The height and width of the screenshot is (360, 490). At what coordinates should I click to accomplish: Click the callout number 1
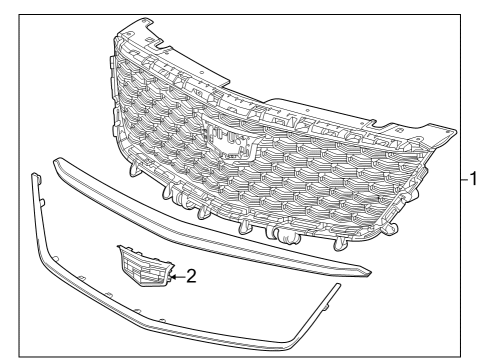[479, 179]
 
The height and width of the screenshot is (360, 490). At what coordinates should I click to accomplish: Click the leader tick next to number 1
[467, 179]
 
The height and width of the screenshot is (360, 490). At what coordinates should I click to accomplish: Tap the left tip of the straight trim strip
[57, 160]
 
